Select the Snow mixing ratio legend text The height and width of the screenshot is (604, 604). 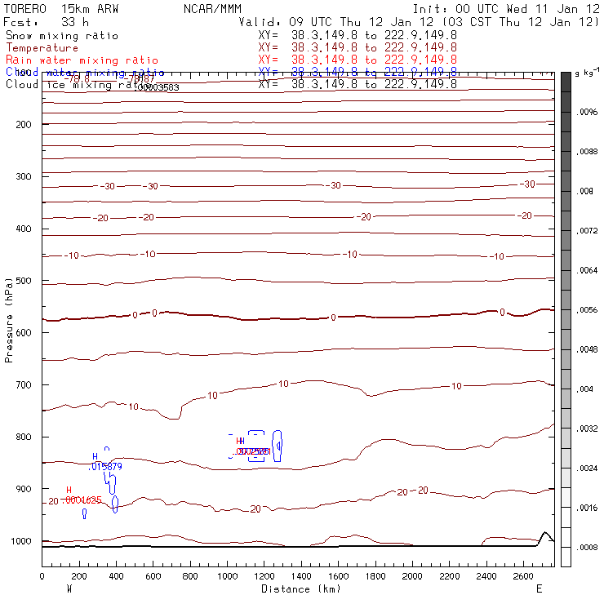62,36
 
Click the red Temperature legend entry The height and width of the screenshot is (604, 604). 42,48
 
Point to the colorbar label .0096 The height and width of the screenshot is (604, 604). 588,112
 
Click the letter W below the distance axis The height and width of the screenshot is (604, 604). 69,588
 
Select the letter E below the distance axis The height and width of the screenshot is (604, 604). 539,588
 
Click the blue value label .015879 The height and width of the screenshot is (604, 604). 105,466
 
